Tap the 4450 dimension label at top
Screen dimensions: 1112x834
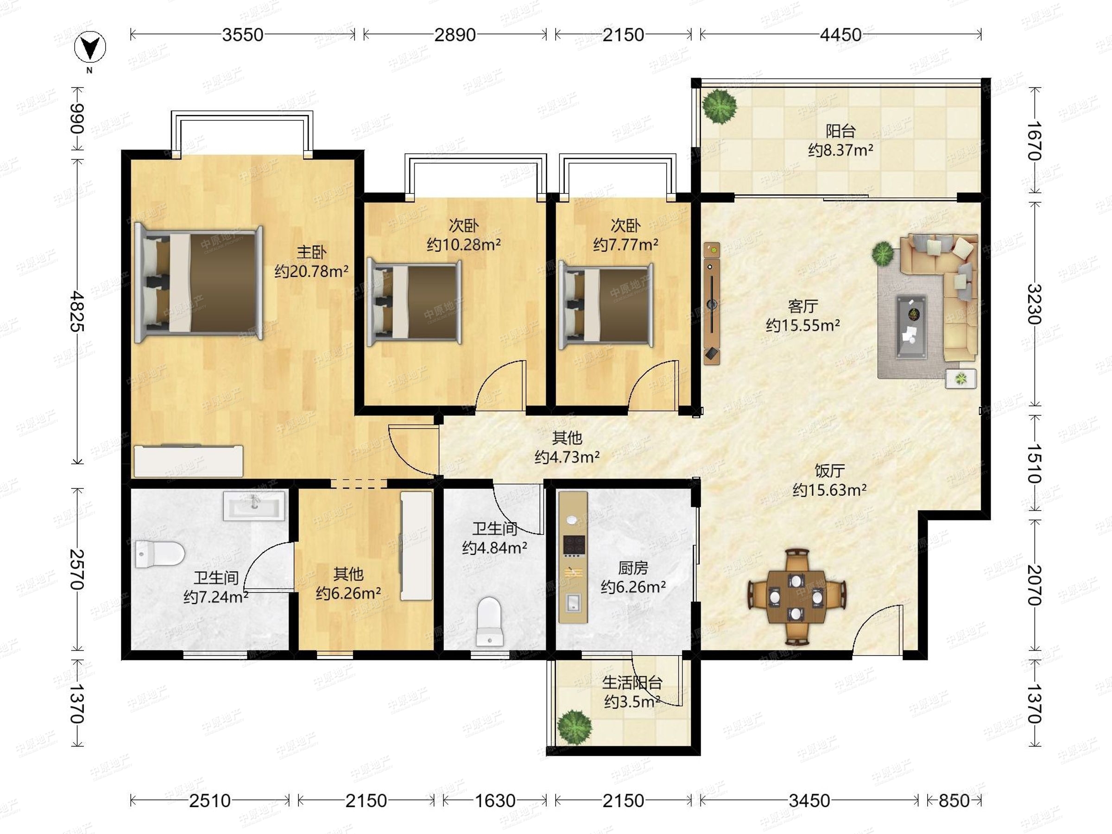click(x=840, y=35)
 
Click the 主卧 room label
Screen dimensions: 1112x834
click(x=311, y=252)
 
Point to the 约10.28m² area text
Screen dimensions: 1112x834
click(x=463, y=245)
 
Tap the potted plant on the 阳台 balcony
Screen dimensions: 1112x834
click(x=720, y=106)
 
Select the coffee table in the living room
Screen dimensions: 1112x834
click(x=911, y=327)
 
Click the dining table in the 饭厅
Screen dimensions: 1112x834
click(x=796, y=597)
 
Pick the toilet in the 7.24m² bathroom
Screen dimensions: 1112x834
click(x=160, y=554)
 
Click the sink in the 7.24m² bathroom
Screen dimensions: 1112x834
click(x=254, y=505)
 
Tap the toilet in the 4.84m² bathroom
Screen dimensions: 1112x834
click(x=489, y=621)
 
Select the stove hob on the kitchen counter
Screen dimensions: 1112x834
click(x=573, y=545)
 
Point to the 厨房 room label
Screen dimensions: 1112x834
click(x=633, y=568)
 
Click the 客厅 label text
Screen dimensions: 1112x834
click(x=803, y=306)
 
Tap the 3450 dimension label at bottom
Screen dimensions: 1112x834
click(x=809, y=800)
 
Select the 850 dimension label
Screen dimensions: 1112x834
click(x=954, y=800)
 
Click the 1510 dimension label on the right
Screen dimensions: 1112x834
click(x=1034, y=463)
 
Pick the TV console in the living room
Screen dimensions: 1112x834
click(x=712, y=303)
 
